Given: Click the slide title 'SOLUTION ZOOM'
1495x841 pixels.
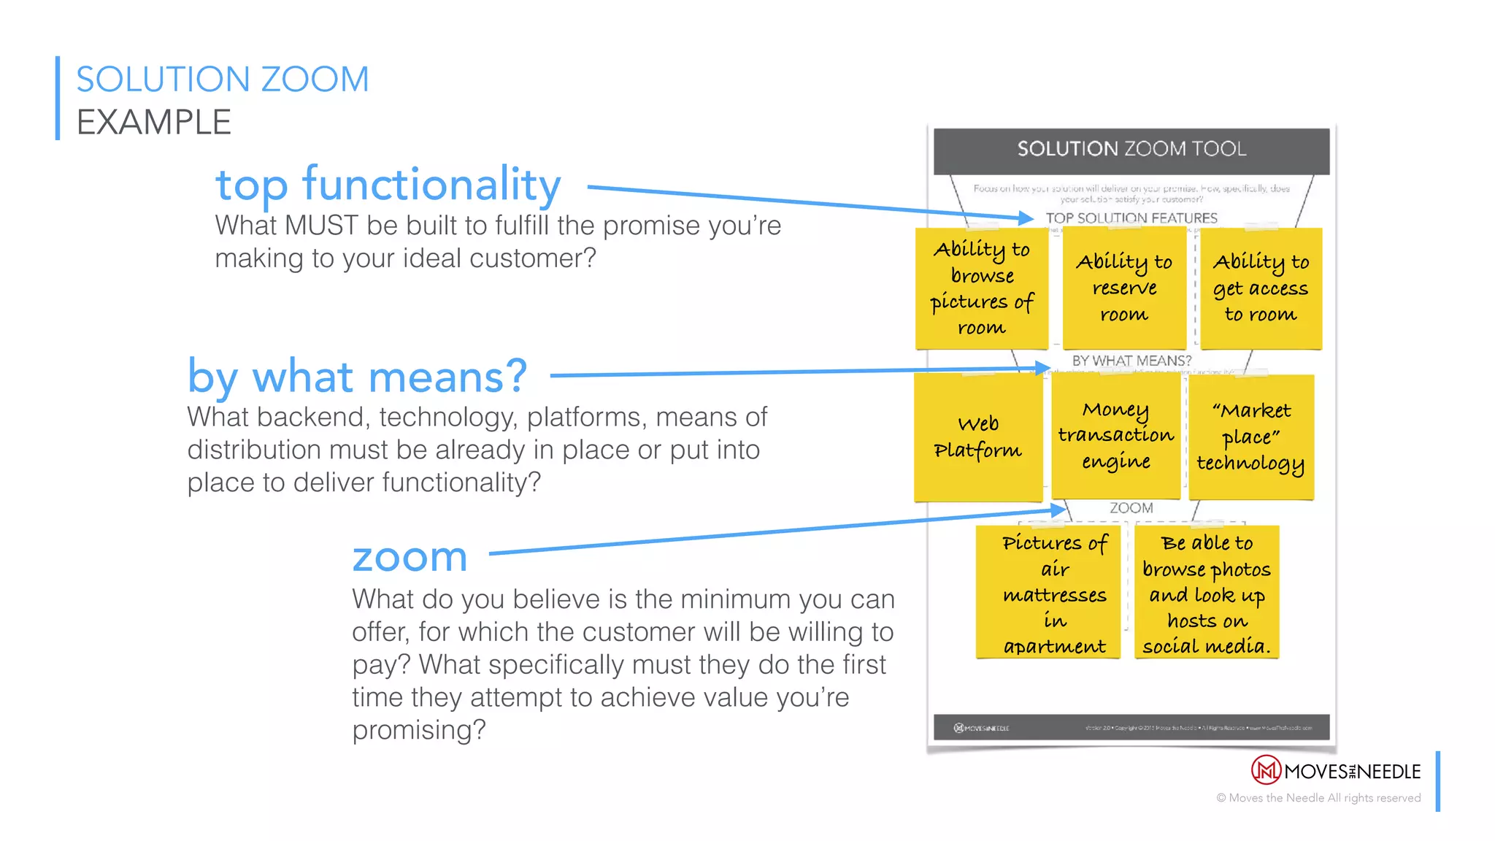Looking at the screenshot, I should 223,80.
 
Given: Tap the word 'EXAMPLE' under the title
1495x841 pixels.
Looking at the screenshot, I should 154,122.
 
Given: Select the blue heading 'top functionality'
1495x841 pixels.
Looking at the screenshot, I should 388,184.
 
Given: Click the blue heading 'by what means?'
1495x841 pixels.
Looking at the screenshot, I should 357,377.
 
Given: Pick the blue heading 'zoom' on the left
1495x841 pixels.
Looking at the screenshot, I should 410,558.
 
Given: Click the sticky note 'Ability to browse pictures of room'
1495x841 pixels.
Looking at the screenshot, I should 981,288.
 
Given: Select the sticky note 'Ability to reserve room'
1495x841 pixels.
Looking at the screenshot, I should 1124,288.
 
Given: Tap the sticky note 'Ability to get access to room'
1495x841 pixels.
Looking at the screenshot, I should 1261,288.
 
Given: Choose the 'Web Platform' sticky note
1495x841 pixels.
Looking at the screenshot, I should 978,437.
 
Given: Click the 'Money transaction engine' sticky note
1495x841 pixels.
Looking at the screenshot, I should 1115,436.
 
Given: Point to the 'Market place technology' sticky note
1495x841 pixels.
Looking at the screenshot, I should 1251,437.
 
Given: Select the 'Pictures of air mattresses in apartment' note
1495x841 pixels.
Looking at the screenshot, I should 1054,594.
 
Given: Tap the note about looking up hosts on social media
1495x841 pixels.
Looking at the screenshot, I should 1207,594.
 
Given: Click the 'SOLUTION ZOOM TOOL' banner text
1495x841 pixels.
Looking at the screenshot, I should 1131,149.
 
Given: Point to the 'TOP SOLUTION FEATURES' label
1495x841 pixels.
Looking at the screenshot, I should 1131,218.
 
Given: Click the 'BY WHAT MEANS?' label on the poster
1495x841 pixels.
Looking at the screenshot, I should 1131,361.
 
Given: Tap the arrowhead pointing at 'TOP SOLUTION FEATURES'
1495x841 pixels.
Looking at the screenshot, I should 1026,218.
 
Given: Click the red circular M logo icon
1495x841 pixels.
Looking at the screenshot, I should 1266,770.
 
